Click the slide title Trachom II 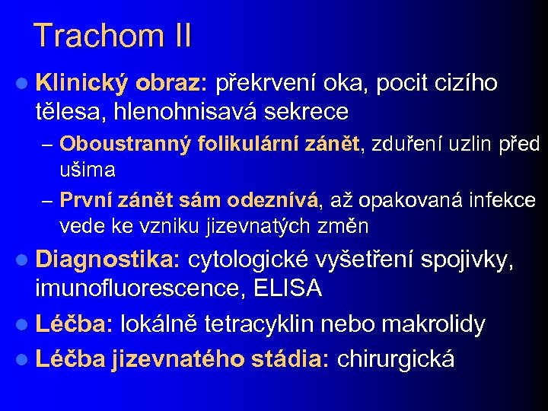tap(113, 36)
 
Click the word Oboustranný tap(125, 143)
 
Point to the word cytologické tap(248, 260)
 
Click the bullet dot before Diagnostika tap(24, 260)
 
